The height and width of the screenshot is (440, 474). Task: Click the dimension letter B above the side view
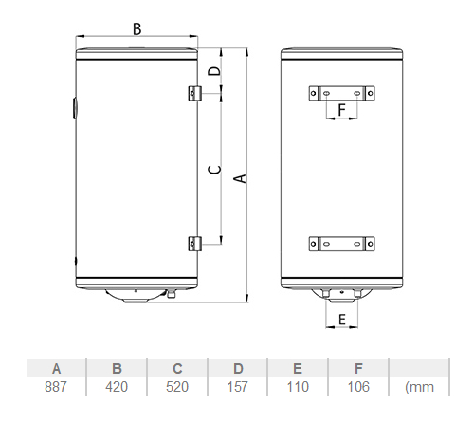(137, 29)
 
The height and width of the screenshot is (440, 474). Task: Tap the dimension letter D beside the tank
(214, 70)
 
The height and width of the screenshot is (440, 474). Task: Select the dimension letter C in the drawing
(214, 170)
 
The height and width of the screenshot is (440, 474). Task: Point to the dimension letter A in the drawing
(240, 178)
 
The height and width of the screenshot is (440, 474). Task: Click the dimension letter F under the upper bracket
(341, 110)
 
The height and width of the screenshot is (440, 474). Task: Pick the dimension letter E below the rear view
(342, 320)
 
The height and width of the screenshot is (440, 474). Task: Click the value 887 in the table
(56, 387)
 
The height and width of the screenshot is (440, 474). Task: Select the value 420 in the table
(117, 387)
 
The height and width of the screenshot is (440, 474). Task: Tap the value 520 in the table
(177, 387)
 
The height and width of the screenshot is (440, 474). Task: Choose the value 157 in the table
(238, 387)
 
